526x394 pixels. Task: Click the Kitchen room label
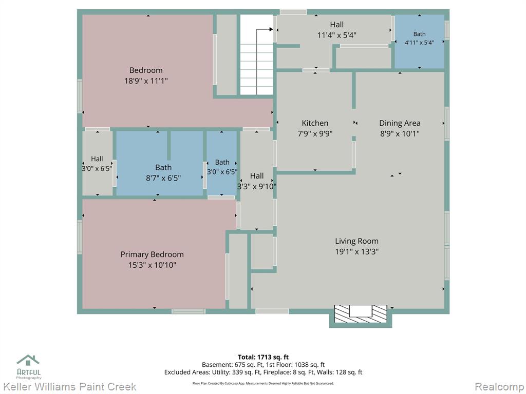(315, 123)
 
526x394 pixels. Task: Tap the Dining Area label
(400, 123)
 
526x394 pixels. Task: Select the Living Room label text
(356, 241)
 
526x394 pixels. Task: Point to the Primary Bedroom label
(152, 254)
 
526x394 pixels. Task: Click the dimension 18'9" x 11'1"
(146, 81)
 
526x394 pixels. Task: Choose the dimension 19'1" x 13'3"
(356, 251)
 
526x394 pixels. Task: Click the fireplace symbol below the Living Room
(361, 314)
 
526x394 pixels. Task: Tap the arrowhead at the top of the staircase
(271, 29)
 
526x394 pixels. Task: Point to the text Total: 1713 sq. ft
(263, 357)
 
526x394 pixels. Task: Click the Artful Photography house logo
(28, 360)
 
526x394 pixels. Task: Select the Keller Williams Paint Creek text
(69, 387)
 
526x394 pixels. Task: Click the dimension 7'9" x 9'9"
(315, 134)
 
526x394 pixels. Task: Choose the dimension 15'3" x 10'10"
(152, 265)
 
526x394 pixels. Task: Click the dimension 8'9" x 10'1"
(400, 134)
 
